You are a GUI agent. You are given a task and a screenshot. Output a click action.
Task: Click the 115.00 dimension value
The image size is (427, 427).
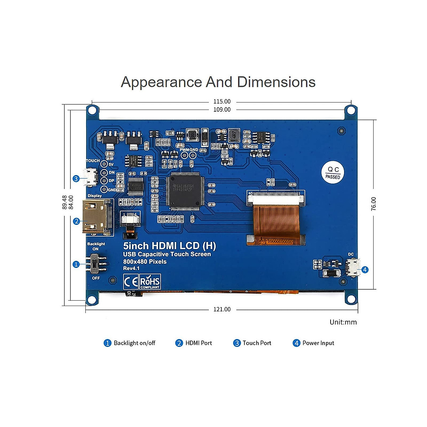point(222,102)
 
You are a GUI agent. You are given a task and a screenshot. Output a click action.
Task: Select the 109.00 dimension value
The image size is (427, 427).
point(222,110)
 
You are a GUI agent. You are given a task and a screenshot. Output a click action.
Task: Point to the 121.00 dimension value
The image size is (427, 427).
point(222,309)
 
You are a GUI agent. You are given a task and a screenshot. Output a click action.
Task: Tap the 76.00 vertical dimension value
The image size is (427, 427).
point(373,204)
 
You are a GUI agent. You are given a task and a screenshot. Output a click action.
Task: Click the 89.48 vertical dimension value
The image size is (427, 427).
point(64,202)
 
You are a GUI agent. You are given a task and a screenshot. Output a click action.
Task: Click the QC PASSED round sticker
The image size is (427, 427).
point(333,173)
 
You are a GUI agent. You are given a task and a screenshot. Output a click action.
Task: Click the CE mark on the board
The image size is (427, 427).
point(130,282)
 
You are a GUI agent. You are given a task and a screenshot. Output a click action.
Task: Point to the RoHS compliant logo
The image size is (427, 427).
point(150,281)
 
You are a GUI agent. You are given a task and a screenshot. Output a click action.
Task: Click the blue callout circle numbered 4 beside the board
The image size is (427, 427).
point(365,270)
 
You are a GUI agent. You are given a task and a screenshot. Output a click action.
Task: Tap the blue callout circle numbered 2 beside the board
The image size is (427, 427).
point(76,221)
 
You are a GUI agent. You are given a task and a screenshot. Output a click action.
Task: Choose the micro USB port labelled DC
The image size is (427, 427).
point(353,267)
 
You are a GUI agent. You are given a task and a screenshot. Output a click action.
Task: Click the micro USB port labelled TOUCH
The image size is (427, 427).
point(90,177)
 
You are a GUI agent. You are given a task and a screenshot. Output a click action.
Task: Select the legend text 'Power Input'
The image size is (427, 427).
point(318,343)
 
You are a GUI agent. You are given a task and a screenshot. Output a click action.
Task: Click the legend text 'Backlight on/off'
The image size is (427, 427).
point(135,343)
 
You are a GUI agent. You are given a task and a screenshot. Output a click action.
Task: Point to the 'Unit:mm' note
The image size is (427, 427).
point(343,322)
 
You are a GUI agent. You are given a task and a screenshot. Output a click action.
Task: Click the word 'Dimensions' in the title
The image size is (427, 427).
point(276,82)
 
